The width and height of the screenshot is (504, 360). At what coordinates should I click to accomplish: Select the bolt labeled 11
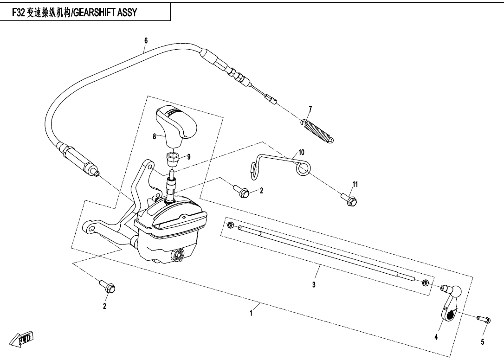tap(349, 199)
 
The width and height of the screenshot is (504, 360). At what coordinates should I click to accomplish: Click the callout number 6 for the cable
tap(146, 41)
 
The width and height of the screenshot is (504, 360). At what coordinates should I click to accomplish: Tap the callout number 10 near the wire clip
tap(301, 152)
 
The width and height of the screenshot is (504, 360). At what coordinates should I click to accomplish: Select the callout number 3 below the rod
tap(314, 285)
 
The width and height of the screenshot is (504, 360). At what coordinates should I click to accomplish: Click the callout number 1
tap(252, 313)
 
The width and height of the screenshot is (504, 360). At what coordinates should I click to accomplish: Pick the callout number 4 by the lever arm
tap(436, 337)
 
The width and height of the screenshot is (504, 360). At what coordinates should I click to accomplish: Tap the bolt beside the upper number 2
tap(241, 191)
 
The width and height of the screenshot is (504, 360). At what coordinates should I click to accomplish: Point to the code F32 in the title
tap(19, 12)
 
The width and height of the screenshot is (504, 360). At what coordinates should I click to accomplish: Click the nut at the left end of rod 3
tap(231, 225)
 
